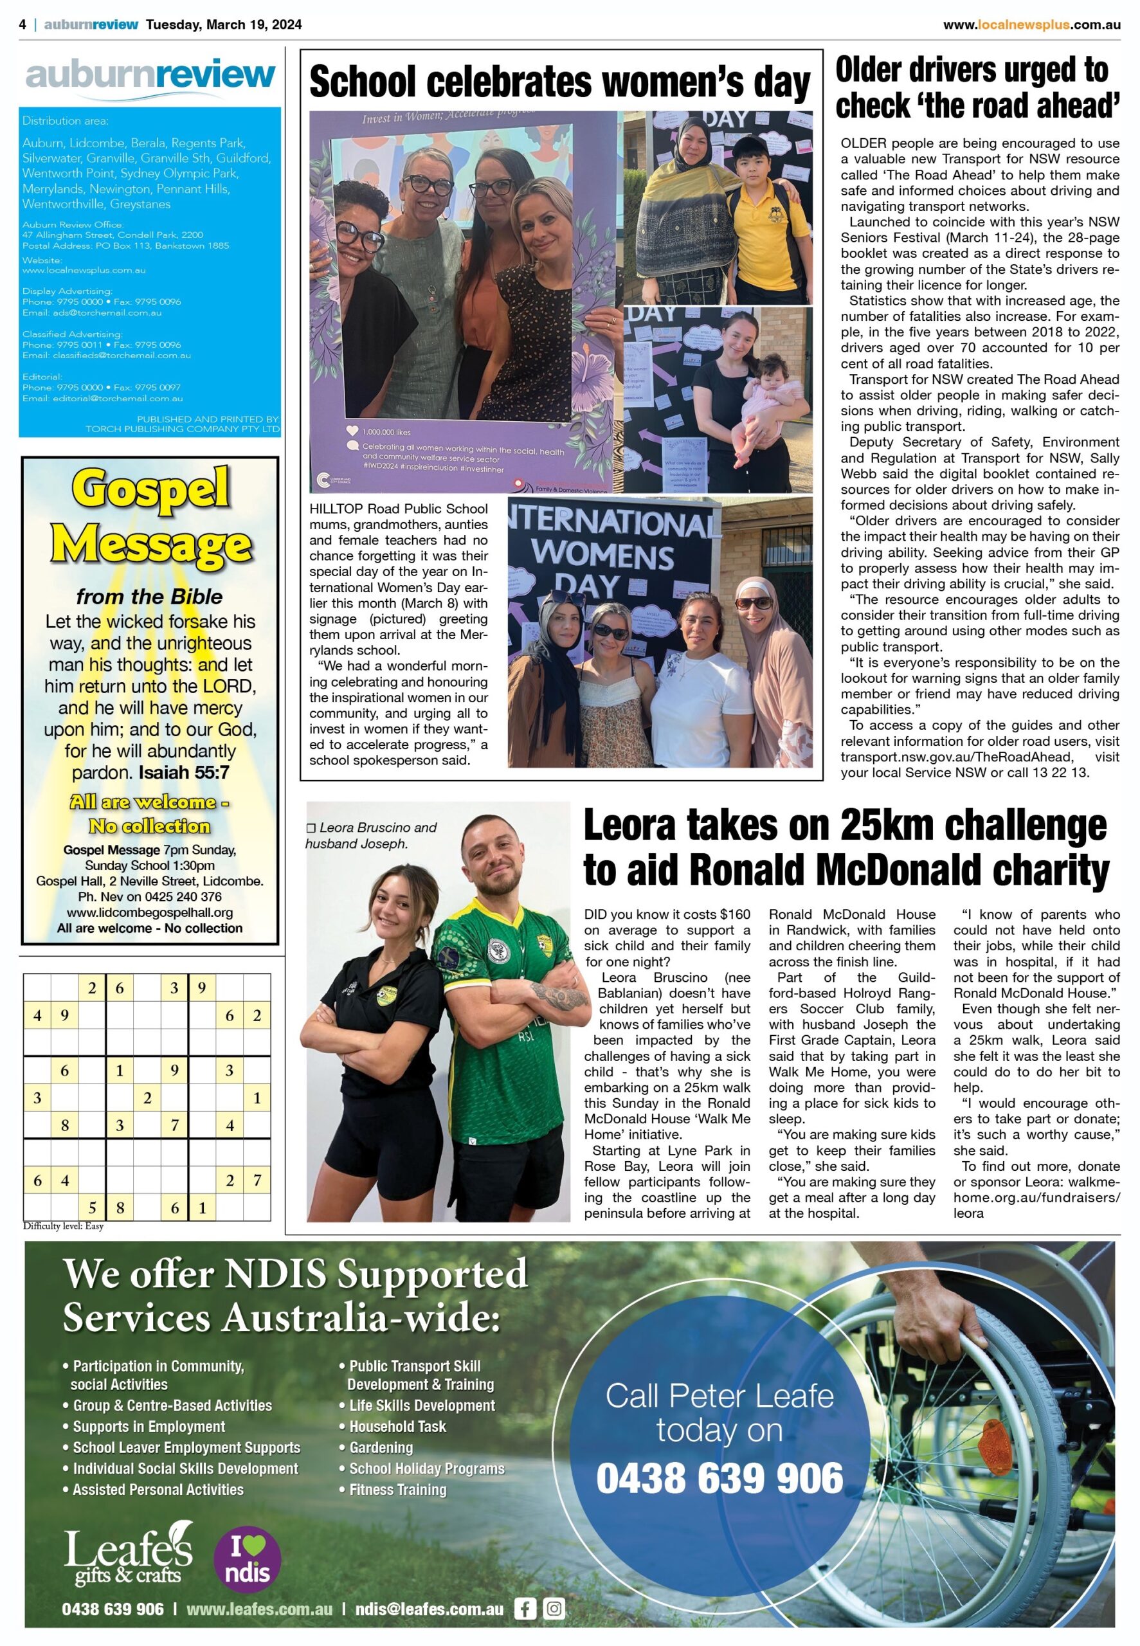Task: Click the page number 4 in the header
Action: pos(23,24)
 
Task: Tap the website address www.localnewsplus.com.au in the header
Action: pos(1031,25)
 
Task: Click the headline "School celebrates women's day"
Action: pos(560,82)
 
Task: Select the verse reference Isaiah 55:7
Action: pos(184,773)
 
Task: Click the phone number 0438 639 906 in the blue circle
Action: pos(719,1478)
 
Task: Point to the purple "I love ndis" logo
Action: pos(247,1561)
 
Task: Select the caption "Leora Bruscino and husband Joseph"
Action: pos(371,835)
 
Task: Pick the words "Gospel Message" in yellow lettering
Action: pos(150,516)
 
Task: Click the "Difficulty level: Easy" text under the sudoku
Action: pos(64,1226)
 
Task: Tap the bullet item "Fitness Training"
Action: pos(397,1490)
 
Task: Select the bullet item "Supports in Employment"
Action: pos(149,1427)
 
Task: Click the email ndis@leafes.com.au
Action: pos(430,1608)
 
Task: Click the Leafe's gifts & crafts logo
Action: pos(129,1562)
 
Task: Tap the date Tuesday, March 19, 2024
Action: pos(224,24)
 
